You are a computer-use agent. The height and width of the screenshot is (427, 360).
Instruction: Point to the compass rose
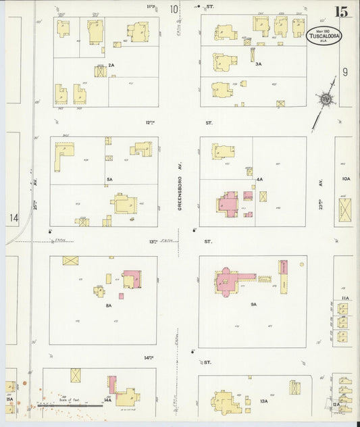click(326, 99)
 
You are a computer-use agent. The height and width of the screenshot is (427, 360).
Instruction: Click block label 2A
click(111, 65)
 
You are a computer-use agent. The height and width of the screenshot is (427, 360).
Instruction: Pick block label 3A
click(258, 64)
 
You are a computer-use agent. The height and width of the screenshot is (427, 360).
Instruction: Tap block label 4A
click(259, 180)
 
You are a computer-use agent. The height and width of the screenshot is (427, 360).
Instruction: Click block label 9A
click(254, 305)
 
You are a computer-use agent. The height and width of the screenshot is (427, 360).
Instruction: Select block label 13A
click(263, 401)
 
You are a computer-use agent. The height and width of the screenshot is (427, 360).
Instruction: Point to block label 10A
click(346, 179)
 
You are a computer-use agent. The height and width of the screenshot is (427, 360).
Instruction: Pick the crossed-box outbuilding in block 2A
click(100, 71)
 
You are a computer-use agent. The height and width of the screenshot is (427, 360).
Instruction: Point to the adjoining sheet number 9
click(344, 72)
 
